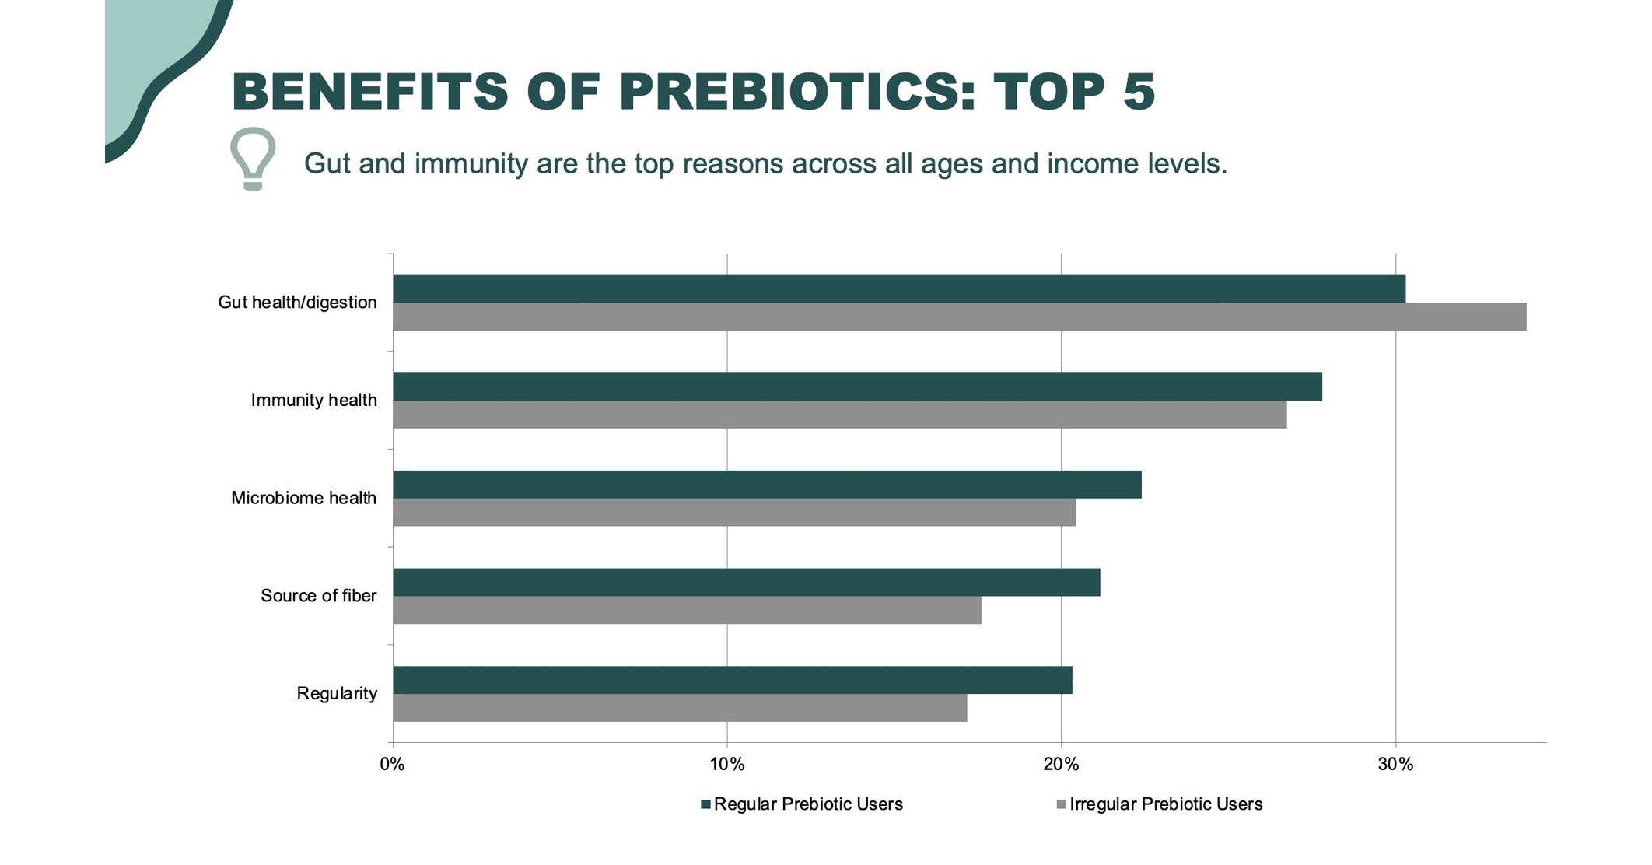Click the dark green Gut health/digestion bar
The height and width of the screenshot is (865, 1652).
tap(899, 289)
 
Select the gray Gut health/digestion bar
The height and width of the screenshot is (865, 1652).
tap(959, 317)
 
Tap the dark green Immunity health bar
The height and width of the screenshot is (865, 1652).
tap(857, 387)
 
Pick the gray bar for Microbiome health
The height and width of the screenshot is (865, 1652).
tap(734, 513)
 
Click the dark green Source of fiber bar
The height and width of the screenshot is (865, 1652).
tap(747, 582)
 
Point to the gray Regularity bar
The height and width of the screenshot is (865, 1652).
tap(680, 708)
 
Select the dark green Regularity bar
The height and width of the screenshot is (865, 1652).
tap(733, 680)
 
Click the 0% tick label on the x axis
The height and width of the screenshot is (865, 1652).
tap(393, 765)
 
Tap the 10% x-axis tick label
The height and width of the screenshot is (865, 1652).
tap(727, 765)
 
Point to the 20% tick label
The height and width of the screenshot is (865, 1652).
tap(1061, 765)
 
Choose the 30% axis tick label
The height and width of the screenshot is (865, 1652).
tap(1395, 765)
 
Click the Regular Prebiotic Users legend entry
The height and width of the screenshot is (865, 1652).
tap(803, 804)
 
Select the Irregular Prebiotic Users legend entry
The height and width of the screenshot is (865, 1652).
tap(1160, 804)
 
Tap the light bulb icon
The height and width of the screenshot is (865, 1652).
tap(253, 159)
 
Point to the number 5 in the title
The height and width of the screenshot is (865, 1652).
tap(1139, 92)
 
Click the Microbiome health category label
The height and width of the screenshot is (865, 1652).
tap(303, 498)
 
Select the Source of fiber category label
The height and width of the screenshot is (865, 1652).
tap(318, 596)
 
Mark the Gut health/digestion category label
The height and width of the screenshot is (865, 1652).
tap(297, 303)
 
